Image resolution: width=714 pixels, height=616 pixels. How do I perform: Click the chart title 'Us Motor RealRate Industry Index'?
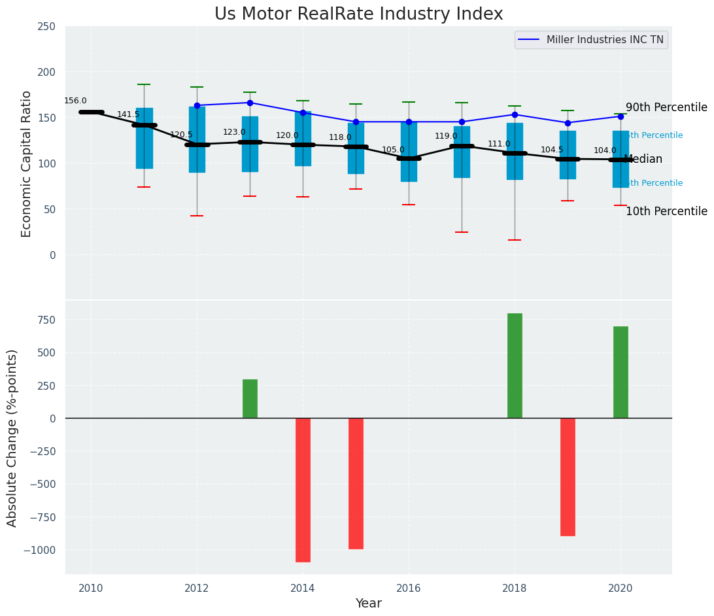[x=358, y=14]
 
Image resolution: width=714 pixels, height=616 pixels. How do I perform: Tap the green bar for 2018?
[x=515, y=366]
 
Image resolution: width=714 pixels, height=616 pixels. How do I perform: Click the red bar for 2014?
[x=303, y=490]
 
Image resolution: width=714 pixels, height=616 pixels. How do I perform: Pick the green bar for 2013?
[x=250, y=398]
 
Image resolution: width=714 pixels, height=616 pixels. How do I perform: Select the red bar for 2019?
[x=568, y=477]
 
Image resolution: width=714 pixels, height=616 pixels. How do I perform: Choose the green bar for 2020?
[x=620, y=372]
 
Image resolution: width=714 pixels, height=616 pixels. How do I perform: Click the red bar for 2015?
[x=356, y=483]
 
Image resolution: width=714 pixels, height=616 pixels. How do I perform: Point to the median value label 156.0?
[x=75, y=101]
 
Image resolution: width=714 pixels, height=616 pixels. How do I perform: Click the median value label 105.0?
[x=393, y=150]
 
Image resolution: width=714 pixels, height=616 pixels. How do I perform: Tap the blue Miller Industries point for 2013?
[x=250, y=103]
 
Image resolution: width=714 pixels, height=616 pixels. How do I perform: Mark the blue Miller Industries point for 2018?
[x=515, y=114]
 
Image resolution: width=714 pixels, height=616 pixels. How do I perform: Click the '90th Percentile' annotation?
[x=666, y=107]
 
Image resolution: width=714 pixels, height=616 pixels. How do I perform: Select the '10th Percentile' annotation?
[x=666, y=211]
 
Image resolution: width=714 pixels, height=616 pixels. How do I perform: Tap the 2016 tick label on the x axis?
[x=409, y=588]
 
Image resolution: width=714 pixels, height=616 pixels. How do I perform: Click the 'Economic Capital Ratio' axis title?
[x=27, y=163]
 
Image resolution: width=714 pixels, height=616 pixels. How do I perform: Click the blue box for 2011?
[x=144, y=138]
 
